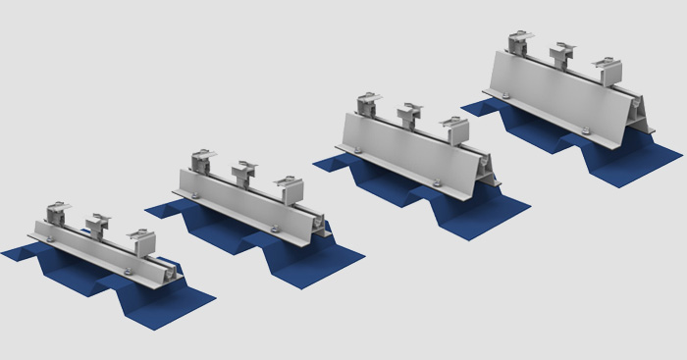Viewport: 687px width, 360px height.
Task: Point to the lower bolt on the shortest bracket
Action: click(x=129, y=271)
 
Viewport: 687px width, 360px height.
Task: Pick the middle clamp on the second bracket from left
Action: click(x=242, y=173)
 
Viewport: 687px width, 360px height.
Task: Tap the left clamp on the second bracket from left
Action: click(x=204, y=158)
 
